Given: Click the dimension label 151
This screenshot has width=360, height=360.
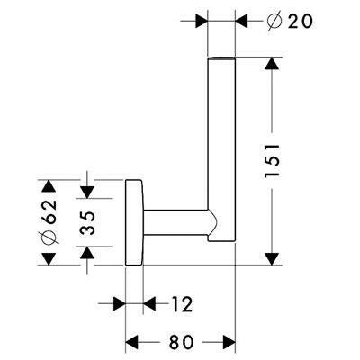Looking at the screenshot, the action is (273, 161).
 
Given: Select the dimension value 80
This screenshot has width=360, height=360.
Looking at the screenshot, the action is (181, 342).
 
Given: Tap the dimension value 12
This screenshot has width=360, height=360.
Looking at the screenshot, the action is (182, 304).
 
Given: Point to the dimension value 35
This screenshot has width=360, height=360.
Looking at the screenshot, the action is (87, 222).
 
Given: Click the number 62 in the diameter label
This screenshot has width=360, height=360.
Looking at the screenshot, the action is (49, 211).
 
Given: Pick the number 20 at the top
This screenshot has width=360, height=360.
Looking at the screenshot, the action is (300, 22).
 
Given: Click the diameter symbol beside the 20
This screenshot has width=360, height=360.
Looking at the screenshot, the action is (274, 22).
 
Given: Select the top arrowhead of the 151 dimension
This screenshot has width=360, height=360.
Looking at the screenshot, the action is (272, 64).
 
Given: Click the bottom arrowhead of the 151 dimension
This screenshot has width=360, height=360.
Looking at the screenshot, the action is (272, 258).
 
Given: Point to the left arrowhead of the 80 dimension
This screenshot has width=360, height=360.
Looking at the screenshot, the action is (131, 342).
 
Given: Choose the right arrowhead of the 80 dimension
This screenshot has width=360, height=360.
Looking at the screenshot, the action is (229, 342).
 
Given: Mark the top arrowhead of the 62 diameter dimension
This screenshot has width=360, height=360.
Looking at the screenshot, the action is (49, 186).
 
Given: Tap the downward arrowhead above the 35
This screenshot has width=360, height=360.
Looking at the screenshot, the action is (87, 193).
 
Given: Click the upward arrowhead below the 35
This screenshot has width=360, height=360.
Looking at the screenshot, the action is (87, 253).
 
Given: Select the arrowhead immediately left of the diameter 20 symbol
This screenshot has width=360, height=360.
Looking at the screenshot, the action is (241, 22).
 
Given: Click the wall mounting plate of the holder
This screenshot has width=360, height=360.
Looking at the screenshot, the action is (134, 222).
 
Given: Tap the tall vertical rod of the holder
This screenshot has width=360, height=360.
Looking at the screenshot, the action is (221, 149).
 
